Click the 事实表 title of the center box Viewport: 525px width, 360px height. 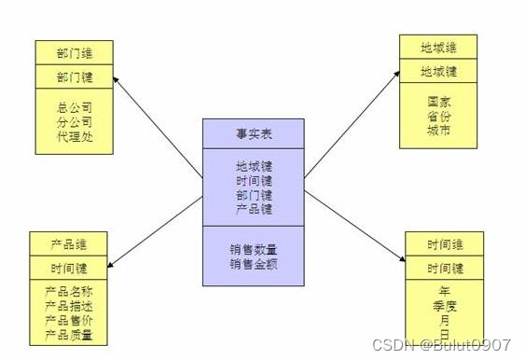(254, 132)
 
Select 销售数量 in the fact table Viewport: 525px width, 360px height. (254, 250)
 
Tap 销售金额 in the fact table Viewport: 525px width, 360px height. (254, 264)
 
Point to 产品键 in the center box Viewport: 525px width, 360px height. (254, 209)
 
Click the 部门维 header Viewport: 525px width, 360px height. (75, 53)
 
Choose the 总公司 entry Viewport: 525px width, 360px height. (75, 106)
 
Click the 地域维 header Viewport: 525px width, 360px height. (438, 47)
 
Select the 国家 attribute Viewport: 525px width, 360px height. (438, 101)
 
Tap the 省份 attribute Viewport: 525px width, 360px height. (438, 116)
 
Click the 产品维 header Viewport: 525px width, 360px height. (69, 244)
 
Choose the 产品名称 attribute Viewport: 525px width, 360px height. (69, 293)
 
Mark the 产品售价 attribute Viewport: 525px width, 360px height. (69, 320)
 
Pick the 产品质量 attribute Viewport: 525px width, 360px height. (69, 334)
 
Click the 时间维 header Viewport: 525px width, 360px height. (445, 244)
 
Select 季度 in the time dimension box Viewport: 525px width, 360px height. (445, 304)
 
